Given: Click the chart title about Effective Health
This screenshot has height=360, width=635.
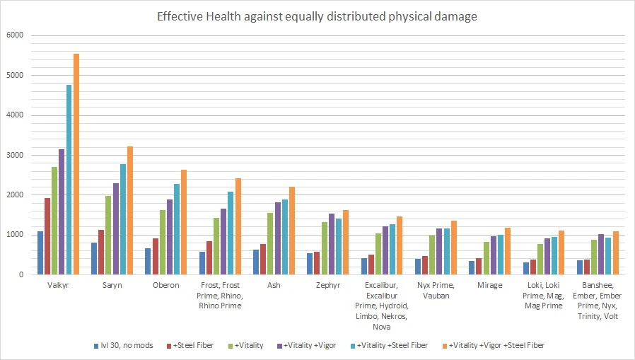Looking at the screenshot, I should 317,16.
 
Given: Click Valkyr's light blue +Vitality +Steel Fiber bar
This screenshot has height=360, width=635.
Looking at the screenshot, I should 69,180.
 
